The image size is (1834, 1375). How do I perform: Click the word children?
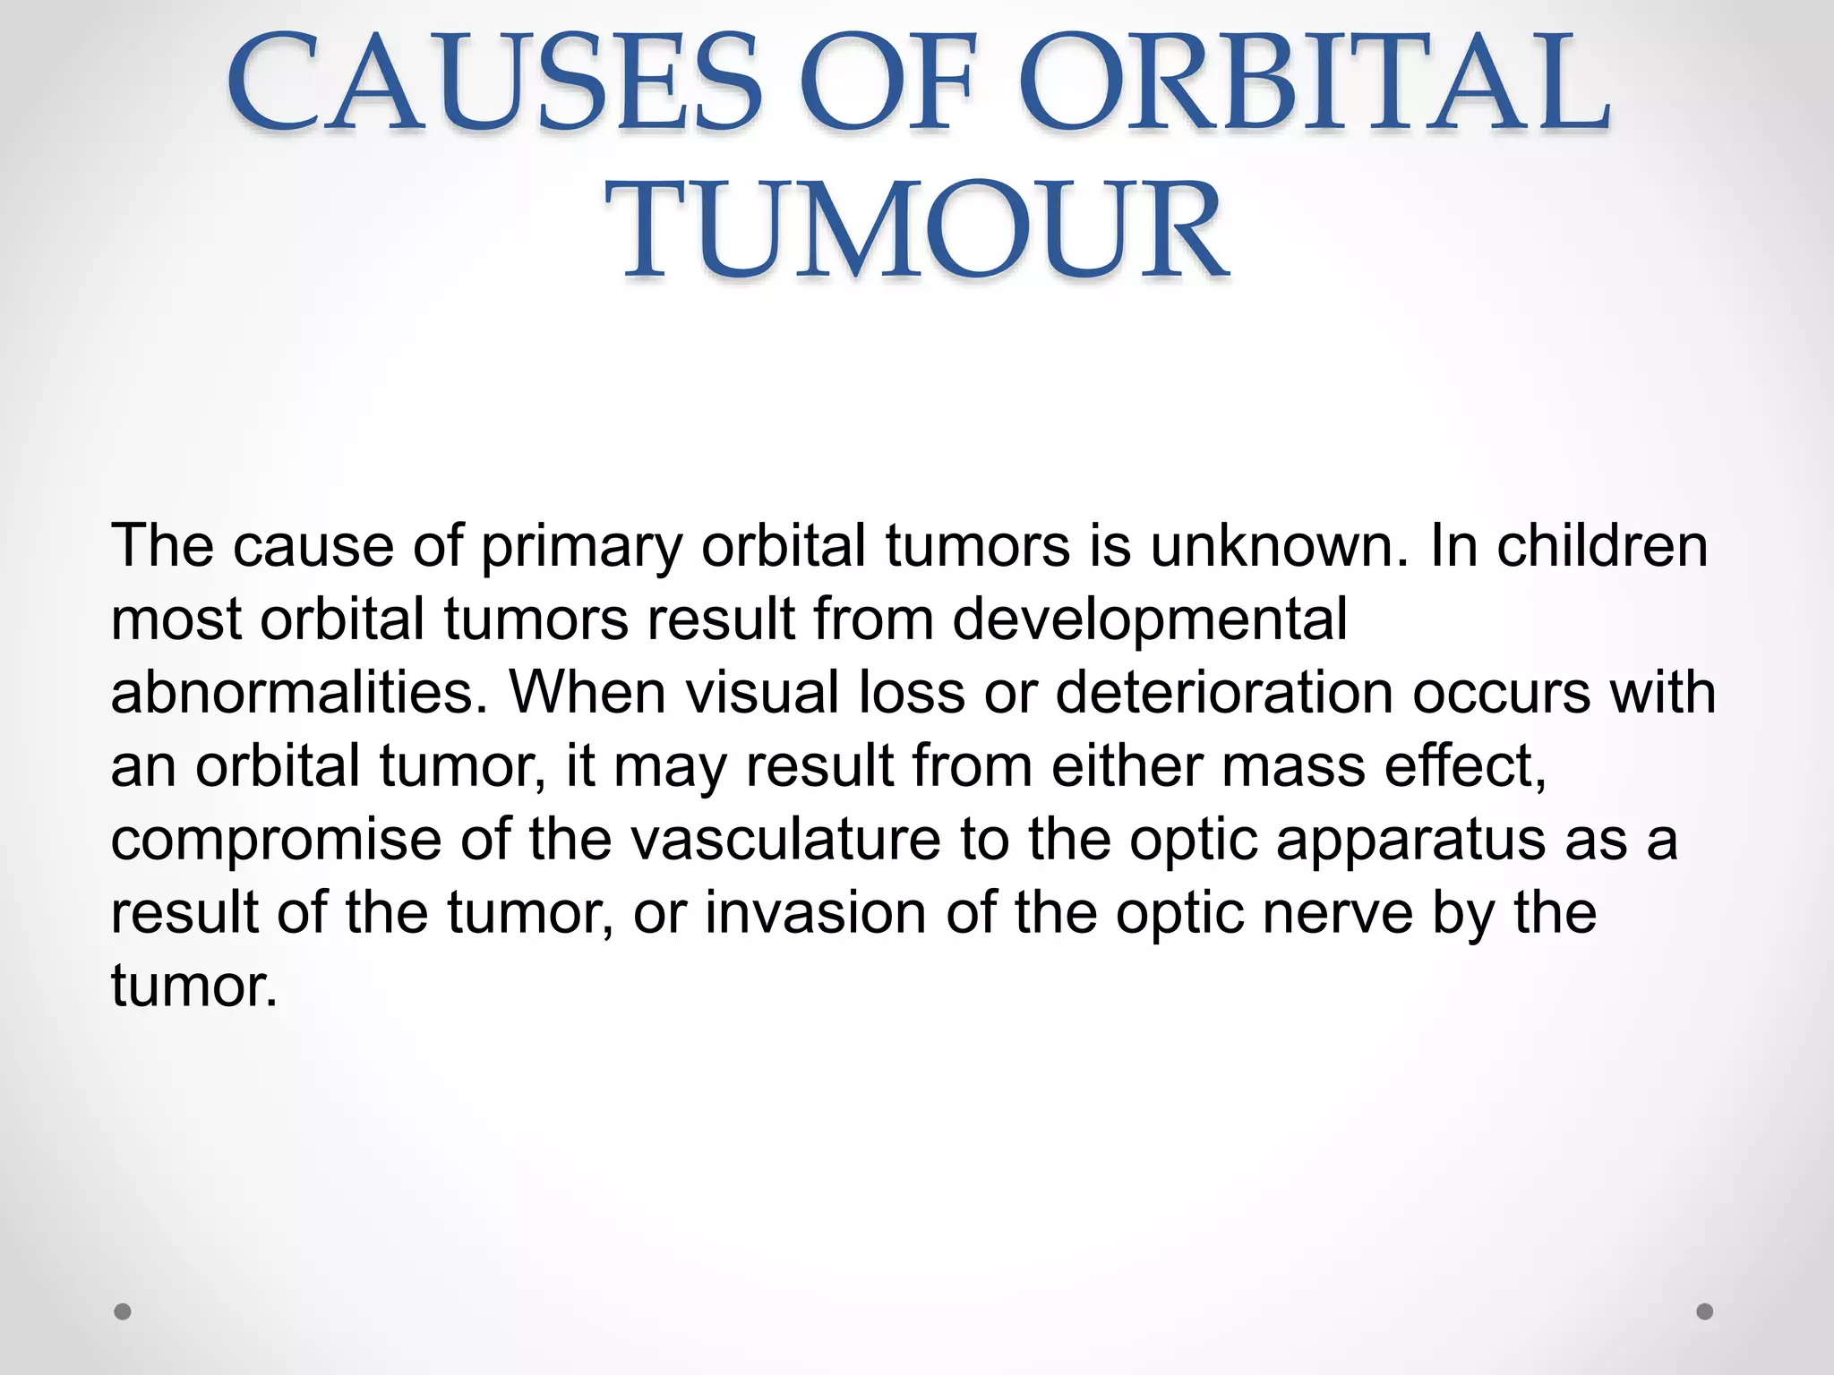[1602, 545]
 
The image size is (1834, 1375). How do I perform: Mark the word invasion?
[815, 913]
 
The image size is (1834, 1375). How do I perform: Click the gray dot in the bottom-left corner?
[124, 1311]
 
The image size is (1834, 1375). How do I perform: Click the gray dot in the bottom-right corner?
[1705, 1311]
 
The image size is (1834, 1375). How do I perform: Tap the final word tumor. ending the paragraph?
[193, 986]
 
